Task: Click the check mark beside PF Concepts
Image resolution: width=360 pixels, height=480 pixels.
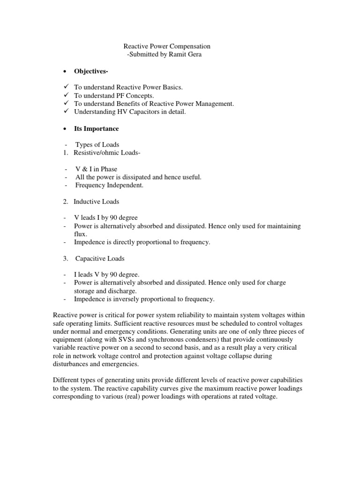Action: (66, 95)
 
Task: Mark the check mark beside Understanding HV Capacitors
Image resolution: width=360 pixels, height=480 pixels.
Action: (66, 111)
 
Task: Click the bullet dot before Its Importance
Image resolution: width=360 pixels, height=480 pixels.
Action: (62, 128)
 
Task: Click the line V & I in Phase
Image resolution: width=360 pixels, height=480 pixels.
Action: (96, 169)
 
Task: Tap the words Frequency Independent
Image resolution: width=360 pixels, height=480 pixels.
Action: (109, 185)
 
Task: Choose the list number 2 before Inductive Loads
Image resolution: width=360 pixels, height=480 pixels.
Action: (66, 201)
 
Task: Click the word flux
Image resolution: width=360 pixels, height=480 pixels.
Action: (80, 234)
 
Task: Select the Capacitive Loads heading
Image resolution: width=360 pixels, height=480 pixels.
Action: (101, 258)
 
